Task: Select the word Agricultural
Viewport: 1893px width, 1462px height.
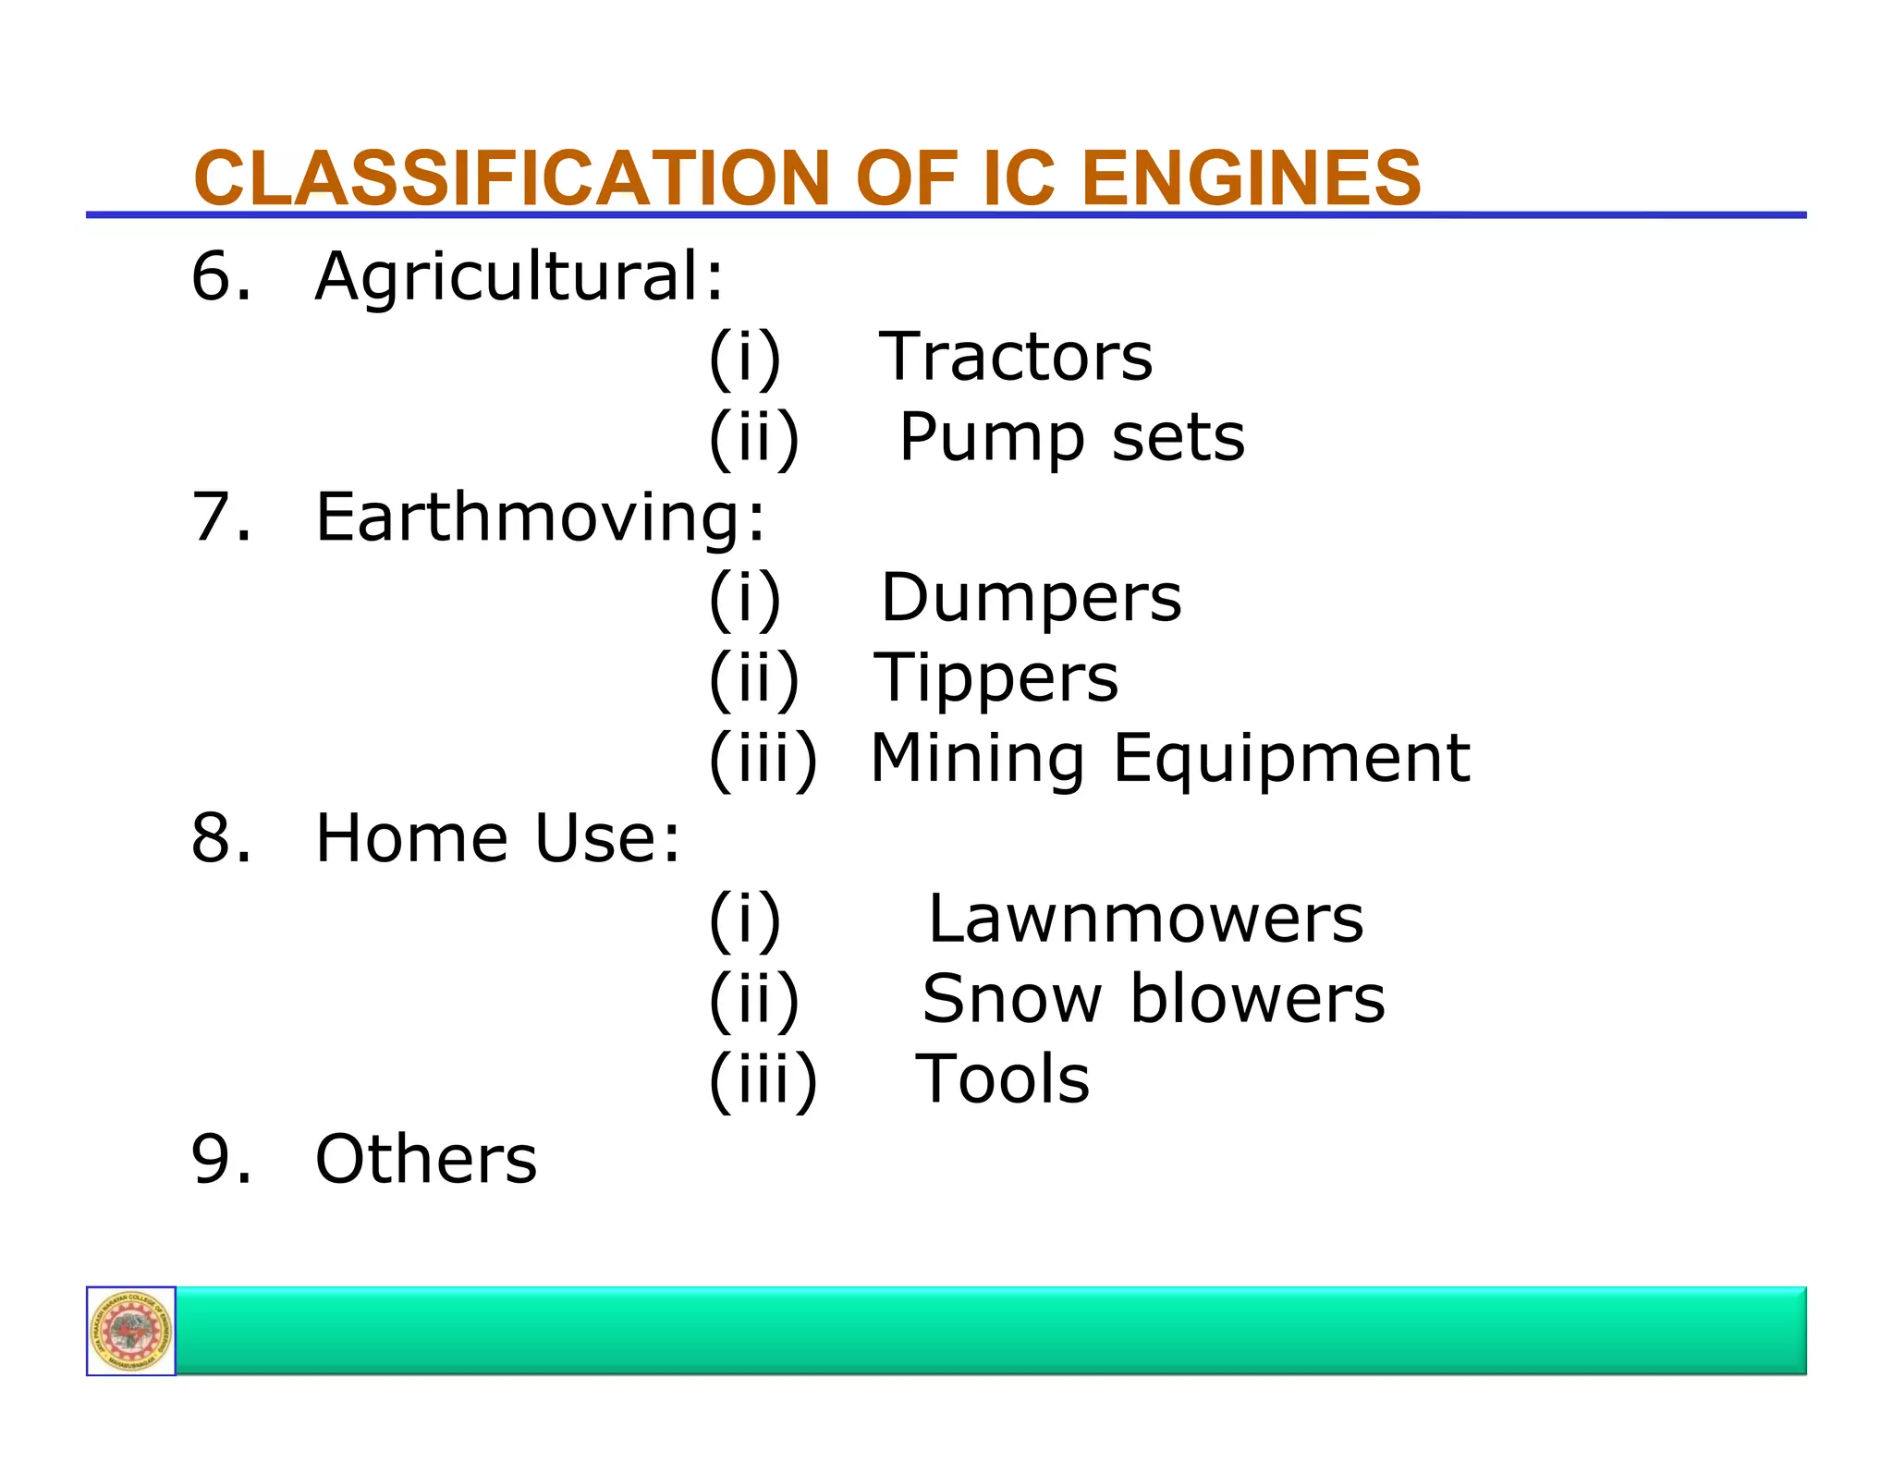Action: [x=519, y=276]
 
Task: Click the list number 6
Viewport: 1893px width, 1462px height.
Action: [x=220, y=276]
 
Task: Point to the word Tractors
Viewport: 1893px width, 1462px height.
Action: [x=1016, y=357]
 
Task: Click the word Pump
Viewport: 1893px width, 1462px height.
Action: [x=992, y=438]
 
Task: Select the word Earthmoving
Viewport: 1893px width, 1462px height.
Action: [x=540, y=518]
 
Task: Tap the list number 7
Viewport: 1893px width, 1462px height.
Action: [x=220, y=517]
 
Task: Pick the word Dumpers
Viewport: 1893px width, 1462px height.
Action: [x=1031, y=598]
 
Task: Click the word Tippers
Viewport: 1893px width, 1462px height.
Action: [x=996, y=678]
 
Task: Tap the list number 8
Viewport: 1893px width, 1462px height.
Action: [x=220, y=838]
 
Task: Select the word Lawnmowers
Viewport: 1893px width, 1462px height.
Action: [x=1145, y=919]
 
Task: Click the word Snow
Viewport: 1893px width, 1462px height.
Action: [x=1011, y=999]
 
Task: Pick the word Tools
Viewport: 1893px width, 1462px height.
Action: [x=1002, y=1079]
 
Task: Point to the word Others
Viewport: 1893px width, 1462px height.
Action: [x=426, y=1159]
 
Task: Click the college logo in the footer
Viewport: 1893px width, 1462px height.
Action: [x=131, y=1331]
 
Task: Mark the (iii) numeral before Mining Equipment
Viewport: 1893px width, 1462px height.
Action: [x=763, y=759]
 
